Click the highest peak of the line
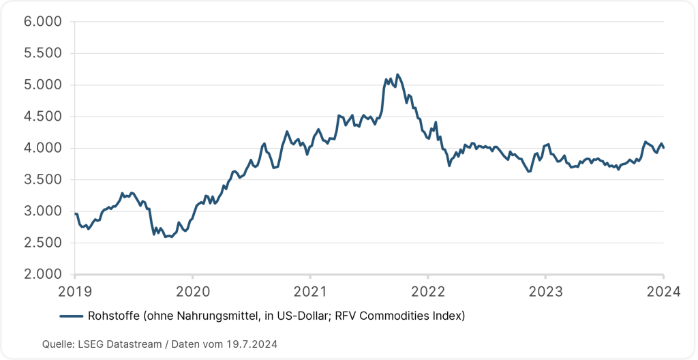pos(397,74)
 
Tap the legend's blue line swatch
pos(72,316)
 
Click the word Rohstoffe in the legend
pos(112,316)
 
